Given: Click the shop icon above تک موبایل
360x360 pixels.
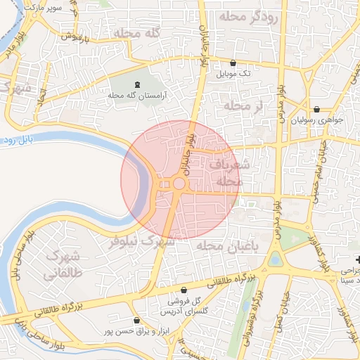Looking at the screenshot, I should [x=233, y=63].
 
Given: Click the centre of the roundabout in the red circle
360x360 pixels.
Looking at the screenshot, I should [x=179, y=184].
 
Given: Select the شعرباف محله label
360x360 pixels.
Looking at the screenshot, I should [x=224, y=172].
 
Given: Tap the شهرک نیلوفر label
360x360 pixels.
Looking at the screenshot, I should [x=141, y=241].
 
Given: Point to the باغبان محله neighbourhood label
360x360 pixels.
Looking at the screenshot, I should [x=227, y=245].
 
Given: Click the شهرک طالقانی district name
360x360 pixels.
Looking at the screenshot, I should [x=62, y=263].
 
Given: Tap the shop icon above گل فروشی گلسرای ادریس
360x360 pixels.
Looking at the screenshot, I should [x=184, y=290].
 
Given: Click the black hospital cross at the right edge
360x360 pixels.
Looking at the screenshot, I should [x=356, y=259].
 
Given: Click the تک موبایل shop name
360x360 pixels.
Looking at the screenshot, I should [x=234, y=73].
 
